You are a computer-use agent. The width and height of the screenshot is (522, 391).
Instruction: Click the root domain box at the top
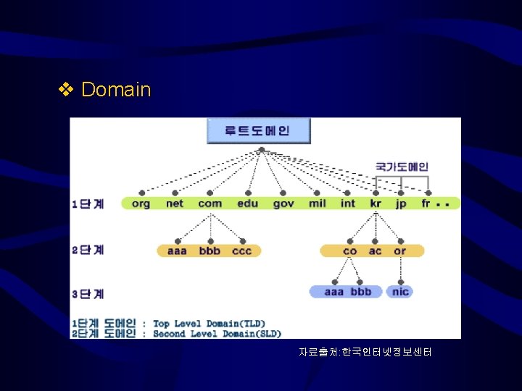[258, 131]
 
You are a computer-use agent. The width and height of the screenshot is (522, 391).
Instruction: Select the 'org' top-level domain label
[141, 203]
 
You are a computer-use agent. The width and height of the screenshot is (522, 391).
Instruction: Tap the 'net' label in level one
[175, 203]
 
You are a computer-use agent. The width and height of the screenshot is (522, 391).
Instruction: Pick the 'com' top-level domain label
[210, 203]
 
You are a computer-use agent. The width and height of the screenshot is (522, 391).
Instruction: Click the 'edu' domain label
[247, 203]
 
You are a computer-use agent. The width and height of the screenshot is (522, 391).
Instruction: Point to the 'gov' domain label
[283, 203]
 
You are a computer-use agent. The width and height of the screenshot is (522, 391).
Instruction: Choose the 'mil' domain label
[318, 203]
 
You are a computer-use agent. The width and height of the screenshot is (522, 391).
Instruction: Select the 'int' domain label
[348, 203]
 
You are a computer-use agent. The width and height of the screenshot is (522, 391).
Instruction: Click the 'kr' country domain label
[376, 203]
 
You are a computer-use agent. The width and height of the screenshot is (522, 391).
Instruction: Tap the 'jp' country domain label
[401, 203]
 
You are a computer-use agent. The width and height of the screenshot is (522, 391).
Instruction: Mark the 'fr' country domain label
[426, 203]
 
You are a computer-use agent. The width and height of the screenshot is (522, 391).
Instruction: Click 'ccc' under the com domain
[242, 251]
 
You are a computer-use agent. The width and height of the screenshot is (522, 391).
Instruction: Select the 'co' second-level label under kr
[350, 251]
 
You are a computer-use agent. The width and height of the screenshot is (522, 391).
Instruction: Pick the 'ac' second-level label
[375, 251]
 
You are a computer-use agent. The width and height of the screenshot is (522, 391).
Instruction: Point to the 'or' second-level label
[399, 251]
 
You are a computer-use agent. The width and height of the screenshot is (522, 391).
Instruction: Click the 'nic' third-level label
[400, 292]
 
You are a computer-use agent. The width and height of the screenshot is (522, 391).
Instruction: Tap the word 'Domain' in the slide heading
[116, 90]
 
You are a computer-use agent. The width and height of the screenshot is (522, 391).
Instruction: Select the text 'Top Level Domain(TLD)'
[209, 324]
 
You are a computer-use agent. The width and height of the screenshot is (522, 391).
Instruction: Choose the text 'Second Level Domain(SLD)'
[217, 334]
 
